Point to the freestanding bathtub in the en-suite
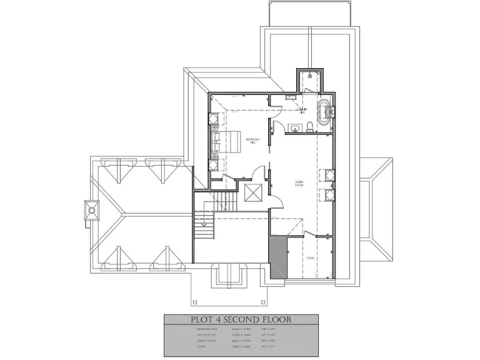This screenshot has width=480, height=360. (x=325, y=113)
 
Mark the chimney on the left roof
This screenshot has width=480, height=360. (x=92, y=211)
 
